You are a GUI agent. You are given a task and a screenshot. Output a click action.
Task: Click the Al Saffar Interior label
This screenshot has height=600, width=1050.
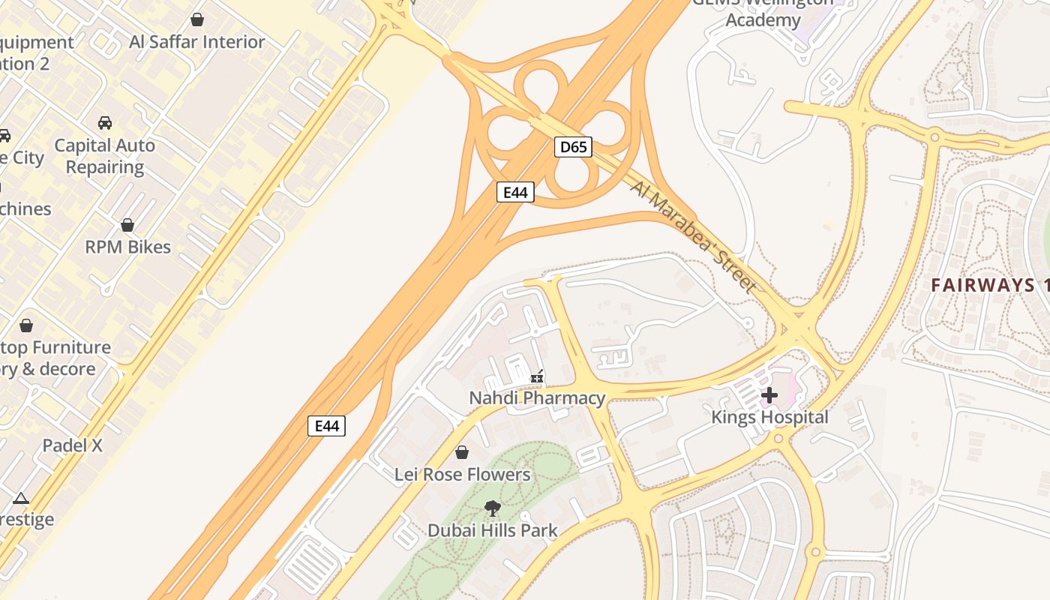pos(196,42)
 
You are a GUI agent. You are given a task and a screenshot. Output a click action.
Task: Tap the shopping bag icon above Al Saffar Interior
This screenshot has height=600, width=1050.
pos(197,19)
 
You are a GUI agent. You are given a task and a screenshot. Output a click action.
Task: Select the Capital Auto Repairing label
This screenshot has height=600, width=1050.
pos(105,156)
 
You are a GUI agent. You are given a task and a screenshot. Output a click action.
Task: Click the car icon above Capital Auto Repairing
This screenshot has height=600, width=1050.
pos(105,122)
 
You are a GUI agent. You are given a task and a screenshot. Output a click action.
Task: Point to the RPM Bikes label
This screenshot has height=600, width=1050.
pos(127,247)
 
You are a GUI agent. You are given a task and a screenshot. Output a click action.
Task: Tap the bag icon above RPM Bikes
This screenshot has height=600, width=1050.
pos(127,224)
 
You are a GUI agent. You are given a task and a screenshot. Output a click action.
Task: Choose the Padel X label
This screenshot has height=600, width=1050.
pos(72,445)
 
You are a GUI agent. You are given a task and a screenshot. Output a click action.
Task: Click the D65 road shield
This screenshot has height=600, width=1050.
pos(573,147)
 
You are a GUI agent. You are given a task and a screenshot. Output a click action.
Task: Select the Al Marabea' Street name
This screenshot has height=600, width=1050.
pos(693,236)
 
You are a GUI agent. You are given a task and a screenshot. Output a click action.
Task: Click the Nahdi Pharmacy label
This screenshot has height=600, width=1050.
pos(537,398)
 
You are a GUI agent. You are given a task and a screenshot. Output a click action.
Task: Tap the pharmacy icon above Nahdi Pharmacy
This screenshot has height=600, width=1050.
pos(537,376)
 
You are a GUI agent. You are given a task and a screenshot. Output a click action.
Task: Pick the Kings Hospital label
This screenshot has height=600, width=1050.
pos(769,417)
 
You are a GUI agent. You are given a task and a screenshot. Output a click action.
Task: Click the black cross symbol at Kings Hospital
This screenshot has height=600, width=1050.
pos(769,394)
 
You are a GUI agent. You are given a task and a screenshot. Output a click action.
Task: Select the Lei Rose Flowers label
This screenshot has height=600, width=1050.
pos(462,475)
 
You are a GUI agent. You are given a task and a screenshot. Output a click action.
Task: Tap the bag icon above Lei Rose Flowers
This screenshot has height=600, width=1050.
pos(462,452)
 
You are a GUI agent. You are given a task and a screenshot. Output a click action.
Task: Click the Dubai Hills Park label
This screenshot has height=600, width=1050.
pos(492,531)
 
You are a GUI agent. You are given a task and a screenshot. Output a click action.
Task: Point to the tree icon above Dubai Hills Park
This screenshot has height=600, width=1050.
pos(492,508)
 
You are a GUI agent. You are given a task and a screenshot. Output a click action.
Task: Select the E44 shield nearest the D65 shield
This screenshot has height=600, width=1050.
pos(515,193)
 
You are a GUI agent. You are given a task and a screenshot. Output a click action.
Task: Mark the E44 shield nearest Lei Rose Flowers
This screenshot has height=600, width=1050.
pos(327,427)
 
